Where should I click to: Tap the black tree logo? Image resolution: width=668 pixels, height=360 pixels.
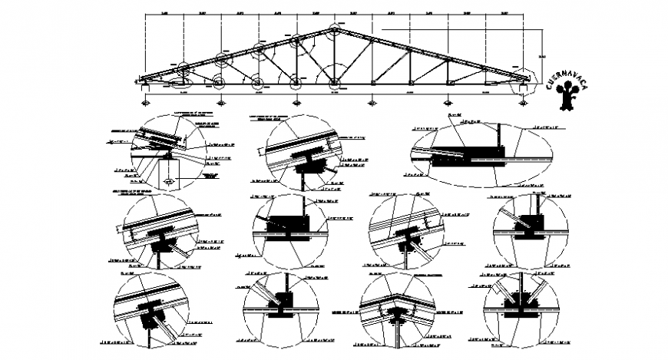[569, 96]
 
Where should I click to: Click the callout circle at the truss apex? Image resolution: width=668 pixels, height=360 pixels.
[334, 31]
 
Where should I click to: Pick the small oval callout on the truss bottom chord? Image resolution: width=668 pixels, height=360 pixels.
[181, 83]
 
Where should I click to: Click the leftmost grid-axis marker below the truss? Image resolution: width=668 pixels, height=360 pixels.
[146, 101]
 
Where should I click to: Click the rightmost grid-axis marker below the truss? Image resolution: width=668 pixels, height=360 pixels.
[522, 101]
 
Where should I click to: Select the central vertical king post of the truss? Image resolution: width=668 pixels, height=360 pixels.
[334, 56]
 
